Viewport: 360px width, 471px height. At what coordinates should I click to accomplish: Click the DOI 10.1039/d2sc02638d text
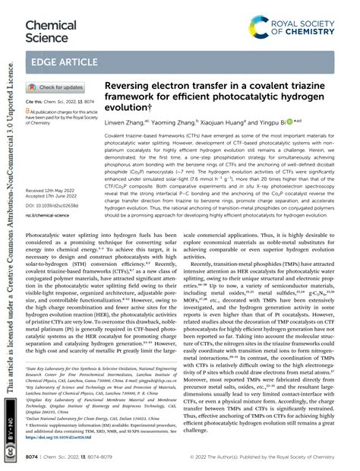pyautogui.click(x=53, y=183)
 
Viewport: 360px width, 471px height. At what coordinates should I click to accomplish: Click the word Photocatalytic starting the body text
pyautogui.click(x=51, y=215)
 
